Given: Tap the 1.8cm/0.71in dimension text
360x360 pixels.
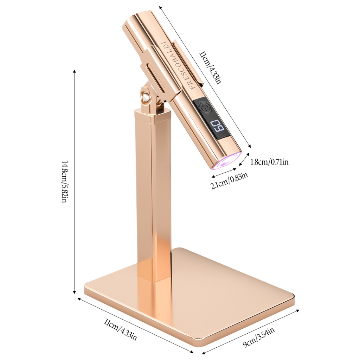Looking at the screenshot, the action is click(269, 162).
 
